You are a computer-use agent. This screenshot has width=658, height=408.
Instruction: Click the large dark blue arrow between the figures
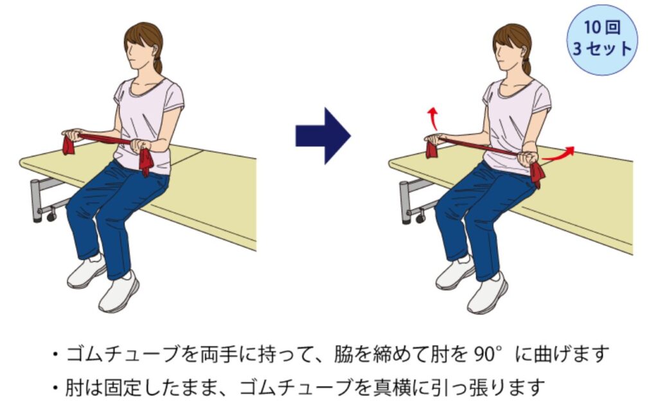[323, 136]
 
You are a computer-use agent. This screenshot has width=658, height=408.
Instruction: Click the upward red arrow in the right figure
[433, 118]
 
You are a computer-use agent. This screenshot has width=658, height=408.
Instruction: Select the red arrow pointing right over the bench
[558, 154]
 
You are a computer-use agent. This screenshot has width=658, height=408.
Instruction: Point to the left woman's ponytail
[158, 63]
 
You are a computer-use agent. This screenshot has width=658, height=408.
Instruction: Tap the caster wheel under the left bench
[51, 216]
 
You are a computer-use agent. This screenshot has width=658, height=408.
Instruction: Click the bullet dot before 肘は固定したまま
[55, 388]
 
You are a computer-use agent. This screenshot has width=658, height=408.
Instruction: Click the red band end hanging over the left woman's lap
[146, 162]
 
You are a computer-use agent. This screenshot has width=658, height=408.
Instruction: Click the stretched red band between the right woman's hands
[478, 146]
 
